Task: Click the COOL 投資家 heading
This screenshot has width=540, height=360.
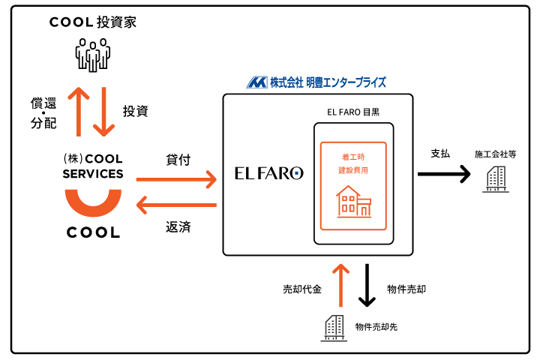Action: click(x=93, y=22)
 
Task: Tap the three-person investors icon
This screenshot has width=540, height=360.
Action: click(x=93, y=55)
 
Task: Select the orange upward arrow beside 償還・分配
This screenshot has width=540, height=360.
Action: click(x=79, y=112)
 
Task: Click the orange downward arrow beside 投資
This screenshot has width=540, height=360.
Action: click(x=103, y=112)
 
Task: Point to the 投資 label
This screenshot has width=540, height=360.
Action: click(x=135, y=111)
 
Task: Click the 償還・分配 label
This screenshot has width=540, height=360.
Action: click(x=43, y=113)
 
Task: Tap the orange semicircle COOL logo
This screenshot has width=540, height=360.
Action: click(x=93, y=203)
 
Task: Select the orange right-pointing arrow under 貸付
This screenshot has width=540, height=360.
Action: click(x=176, y=179)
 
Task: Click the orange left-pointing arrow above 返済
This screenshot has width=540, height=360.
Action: click(x=176, y=205)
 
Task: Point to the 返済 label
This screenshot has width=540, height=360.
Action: click(x=178, y=227)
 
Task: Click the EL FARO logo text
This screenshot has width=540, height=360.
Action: click(x=269, y=173)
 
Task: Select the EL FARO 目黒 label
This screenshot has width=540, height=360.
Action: click(x=353, y=112)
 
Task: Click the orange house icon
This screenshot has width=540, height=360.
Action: click(x=354, y=202)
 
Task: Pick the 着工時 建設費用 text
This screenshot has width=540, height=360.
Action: click(x=353, y=163)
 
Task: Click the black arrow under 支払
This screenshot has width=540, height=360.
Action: click(x=444, y=174)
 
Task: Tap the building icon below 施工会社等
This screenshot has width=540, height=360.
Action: click(x=496, y=178)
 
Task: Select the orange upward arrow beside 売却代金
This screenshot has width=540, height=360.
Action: click(x=341, y=285)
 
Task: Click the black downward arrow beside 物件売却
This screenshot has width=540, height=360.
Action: click(x=367, y=285)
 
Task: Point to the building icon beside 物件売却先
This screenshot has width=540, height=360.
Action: click(x=334, y=328)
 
